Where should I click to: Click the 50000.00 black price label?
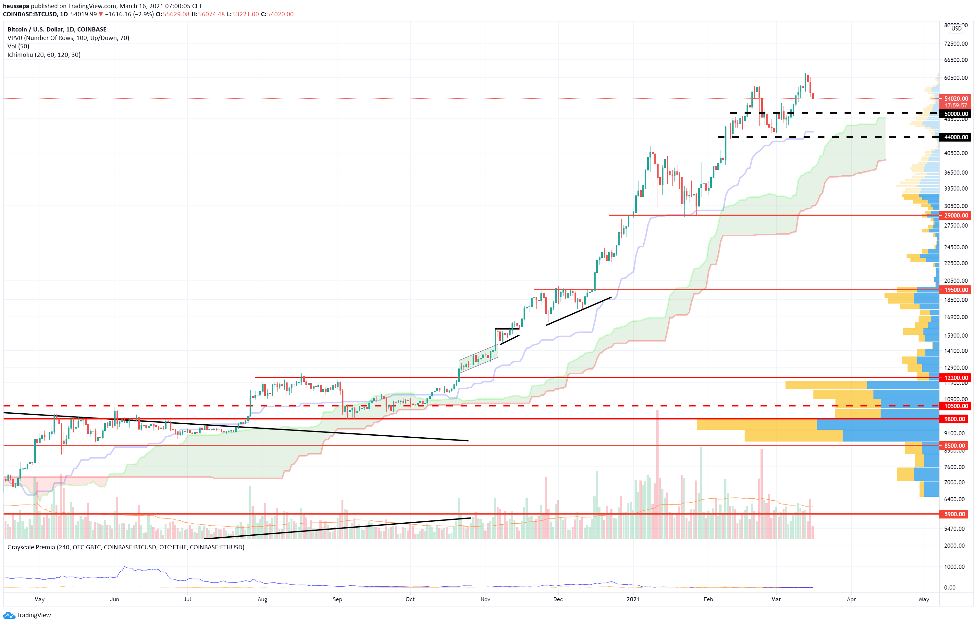click(956, 114)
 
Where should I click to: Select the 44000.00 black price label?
click(956, 137)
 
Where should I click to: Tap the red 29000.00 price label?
click(956, 216)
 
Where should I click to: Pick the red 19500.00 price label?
click(956, 290)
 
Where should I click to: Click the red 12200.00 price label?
click(956, 378)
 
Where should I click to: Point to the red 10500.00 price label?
click(956, 406)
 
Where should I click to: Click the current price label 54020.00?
click(956, 99)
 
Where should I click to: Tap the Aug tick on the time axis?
click(263, 599)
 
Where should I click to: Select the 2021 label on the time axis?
click(633, 599)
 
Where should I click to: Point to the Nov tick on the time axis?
click(485, 599)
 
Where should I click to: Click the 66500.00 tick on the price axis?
click(956, 60)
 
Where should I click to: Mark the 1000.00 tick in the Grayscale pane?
click(954, 567)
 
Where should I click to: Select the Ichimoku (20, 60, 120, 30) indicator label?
click(44, 55)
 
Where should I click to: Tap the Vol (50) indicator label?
click(18, 46)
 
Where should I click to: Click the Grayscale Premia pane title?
click(126, 547)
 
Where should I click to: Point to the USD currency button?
click(956, 28)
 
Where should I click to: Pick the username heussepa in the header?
click(16, 6)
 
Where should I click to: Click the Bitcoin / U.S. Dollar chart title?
click(57, 29)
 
